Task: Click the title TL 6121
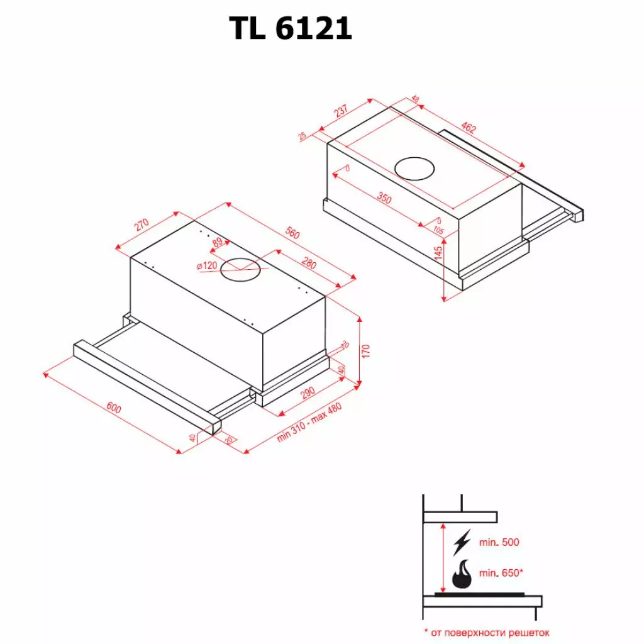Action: point(290,28)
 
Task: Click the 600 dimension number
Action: point(113,408)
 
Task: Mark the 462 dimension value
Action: point(469,128)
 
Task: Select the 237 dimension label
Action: point(341,112)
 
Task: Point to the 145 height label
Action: point(439,253)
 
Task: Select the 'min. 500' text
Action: point(499,542)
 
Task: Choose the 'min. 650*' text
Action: point(501,573)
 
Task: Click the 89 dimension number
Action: point(218,242)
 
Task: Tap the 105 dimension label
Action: point(438,231)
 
